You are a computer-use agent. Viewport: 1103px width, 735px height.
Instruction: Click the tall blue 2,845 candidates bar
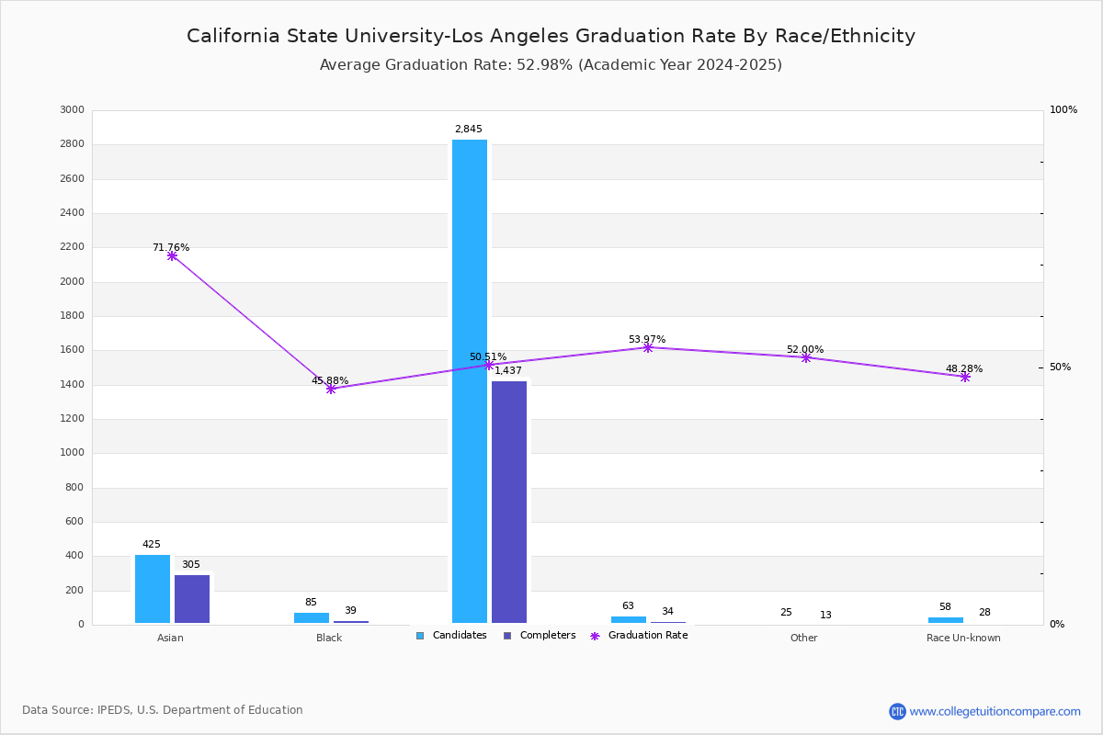pos(470,381)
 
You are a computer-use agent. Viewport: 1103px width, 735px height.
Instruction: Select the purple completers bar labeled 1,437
pos(509,502)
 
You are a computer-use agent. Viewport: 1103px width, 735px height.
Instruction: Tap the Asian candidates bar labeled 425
pos(153,589)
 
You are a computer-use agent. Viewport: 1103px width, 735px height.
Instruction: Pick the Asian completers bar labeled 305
pos(192,599)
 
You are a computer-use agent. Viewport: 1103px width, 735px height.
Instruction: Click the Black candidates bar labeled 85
pos(312,617)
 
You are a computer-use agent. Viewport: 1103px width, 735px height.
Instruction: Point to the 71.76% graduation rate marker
pos(172,255)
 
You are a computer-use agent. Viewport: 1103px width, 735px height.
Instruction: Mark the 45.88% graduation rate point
pos(331,389)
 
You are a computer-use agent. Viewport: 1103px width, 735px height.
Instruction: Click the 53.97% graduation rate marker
pos(648,347)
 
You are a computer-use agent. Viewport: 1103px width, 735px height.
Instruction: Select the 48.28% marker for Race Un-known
pos(965,377)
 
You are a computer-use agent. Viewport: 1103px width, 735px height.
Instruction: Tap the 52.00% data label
pos(805,350)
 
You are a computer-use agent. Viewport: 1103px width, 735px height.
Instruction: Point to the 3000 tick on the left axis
pos(71,110)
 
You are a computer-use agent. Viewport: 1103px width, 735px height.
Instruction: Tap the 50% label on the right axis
pos(1060,367)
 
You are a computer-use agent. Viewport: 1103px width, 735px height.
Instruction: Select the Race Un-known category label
pos(963,638)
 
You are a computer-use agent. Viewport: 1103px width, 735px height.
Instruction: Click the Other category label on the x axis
pos(803,638)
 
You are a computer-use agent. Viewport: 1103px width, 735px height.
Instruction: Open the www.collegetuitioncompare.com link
pos(995,711)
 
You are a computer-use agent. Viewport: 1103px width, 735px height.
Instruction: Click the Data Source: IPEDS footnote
pos(163,710)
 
